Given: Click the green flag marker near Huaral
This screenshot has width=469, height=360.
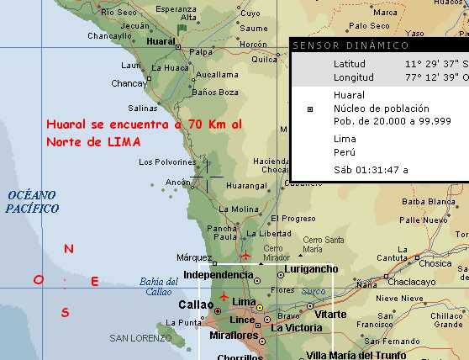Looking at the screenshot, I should coord(182,29).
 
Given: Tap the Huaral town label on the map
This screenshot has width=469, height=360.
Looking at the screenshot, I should coord(160,40).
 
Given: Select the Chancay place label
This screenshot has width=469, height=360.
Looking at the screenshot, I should coord(129,83).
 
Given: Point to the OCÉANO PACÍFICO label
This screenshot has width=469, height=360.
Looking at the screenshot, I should coord(32,201).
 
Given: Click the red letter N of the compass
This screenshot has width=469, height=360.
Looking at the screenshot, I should coord(70,249).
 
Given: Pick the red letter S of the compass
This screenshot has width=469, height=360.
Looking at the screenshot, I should coord(65,313).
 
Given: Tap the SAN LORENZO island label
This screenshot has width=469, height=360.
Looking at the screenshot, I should coord(137,338).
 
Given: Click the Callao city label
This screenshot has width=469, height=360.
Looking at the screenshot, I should coord(197,304).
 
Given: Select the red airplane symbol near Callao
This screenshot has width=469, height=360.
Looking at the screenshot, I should coord(224,296).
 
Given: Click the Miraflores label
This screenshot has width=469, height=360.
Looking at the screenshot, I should coord(232,336).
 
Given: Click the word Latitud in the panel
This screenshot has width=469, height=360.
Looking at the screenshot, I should coord(350,64).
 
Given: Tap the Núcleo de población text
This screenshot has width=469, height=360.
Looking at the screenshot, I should coord(381,109).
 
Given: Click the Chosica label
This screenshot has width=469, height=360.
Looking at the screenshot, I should coord(435,263).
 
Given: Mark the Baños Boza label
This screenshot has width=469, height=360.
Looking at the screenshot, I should coord(216,93).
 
